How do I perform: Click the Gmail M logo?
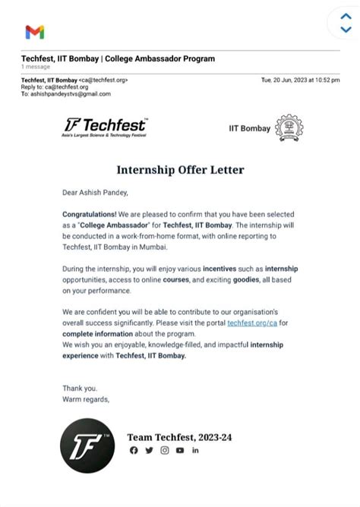pos(34,32)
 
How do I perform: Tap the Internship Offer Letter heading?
pos(180,169)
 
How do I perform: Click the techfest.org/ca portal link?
pos(252,323)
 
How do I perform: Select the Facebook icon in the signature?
pos(134,450)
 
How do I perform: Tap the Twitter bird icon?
pos(149,450)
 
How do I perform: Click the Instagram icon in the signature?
pos(164,450)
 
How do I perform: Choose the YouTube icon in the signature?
pos(180,450)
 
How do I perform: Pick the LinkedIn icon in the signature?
pos(195,450)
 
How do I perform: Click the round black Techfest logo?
pos(87,446)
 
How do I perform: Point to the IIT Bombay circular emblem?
pos(289,128)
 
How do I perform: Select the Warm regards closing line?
pos(86,398)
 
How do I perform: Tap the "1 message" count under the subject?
pos(35,67)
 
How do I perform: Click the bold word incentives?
pos(219,269)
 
